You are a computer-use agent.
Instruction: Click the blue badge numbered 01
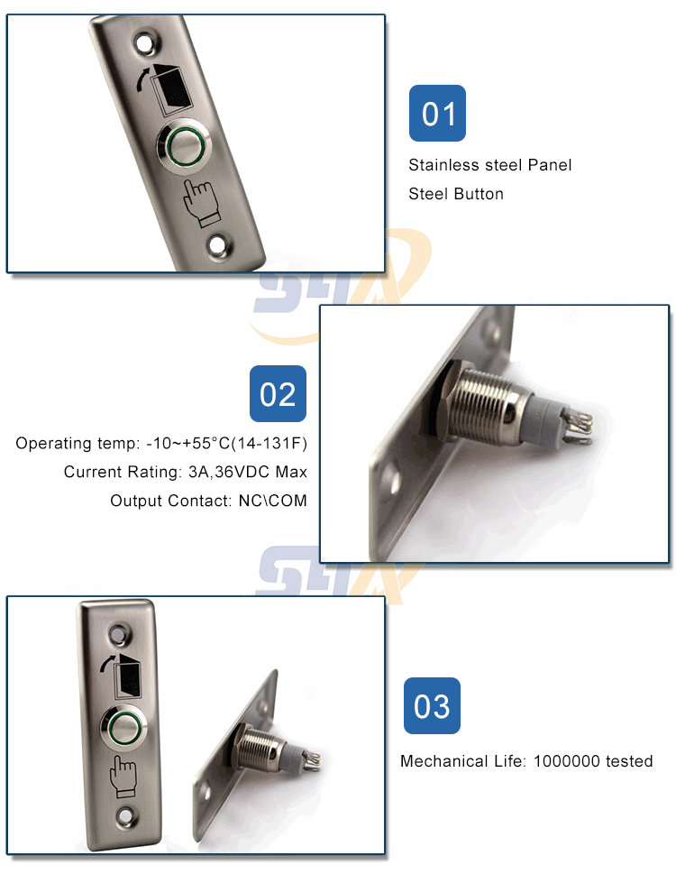[437, 113]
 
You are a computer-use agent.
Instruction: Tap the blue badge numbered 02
[278, 393]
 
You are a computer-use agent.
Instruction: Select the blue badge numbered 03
[432, 705]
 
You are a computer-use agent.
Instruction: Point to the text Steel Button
[456, 194]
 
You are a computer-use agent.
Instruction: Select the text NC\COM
[273, 501]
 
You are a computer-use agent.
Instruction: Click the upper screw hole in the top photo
[145, 43]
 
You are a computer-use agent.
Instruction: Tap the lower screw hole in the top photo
[218, 246]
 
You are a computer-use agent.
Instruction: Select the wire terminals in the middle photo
[575, 427]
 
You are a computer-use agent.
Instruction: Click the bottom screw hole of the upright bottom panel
[124, 816]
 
